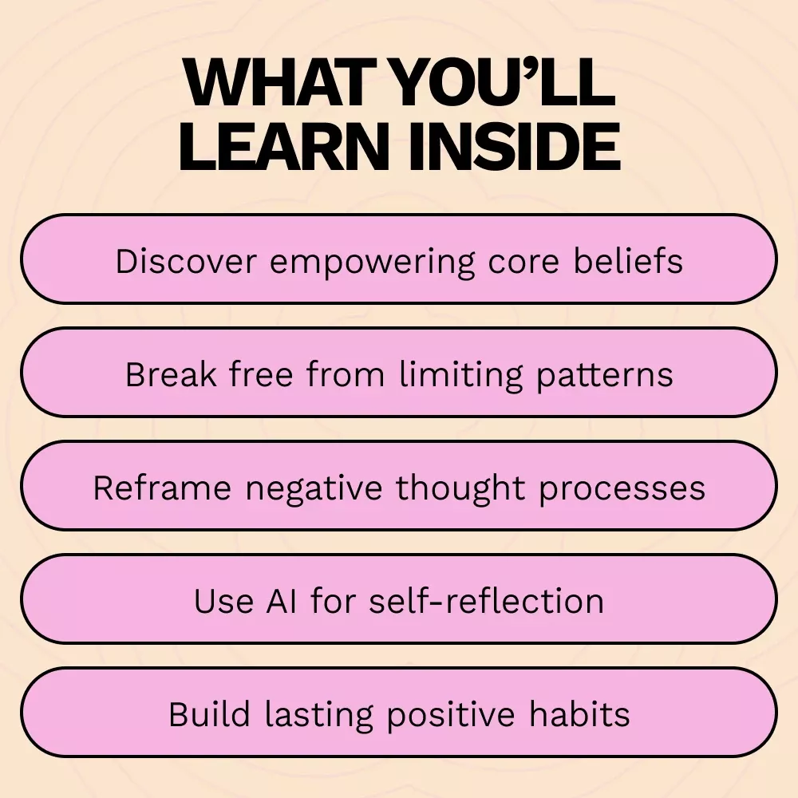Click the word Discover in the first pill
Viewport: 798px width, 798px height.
pyautogui.click(x=186, y=262)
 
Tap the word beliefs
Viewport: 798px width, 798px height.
pyautogui.click(x=628, y=262)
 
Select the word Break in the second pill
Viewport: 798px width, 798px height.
pyautogui.click(x=171, y=374)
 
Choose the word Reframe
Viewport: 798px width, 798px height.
pyautogui.click(x=162, y=488)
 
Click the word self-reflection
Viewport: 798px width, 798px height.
pyautogui.click(x=487, y=601)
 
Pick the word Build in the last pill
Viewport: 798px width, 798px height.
pyautogui.click(x=209, y=714)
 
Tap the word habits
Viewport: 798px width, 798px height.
pyautogui.click(x=579, y=714)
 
